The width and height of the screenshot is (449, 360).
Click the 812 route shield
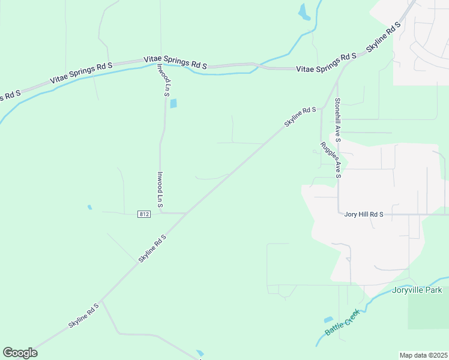click(x=143, y=214)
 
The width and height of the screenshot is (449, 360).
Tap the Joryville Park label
click(x=416, y=291)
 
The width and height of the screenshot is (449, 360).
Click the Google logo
click(x=20, y=353)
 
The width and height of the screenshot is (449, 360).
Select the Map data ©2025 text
click(x=424, y=355)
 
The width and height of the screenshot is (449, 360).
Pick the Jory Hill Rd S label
click(x=363, y=214)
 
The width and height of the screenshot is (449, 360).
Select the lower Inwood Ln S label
click(x=160, y=190)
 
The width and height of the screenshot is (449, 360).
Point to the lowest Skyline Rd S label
click(x=83, y=316)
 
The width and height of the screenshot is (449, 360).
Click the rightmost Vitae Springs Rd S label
click(x=327, y=63)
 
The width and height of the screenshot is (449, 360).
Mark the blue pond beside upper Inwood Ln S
click(x=173, y=104)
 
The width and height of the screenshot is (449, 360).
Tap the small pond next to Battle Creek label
click(x=328, y=320)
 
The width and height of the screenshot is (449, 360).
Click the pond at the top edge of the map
click(x=304, y=12)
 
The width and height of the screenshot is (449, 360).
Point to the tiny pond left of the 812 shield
click(x=90, y=208)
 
